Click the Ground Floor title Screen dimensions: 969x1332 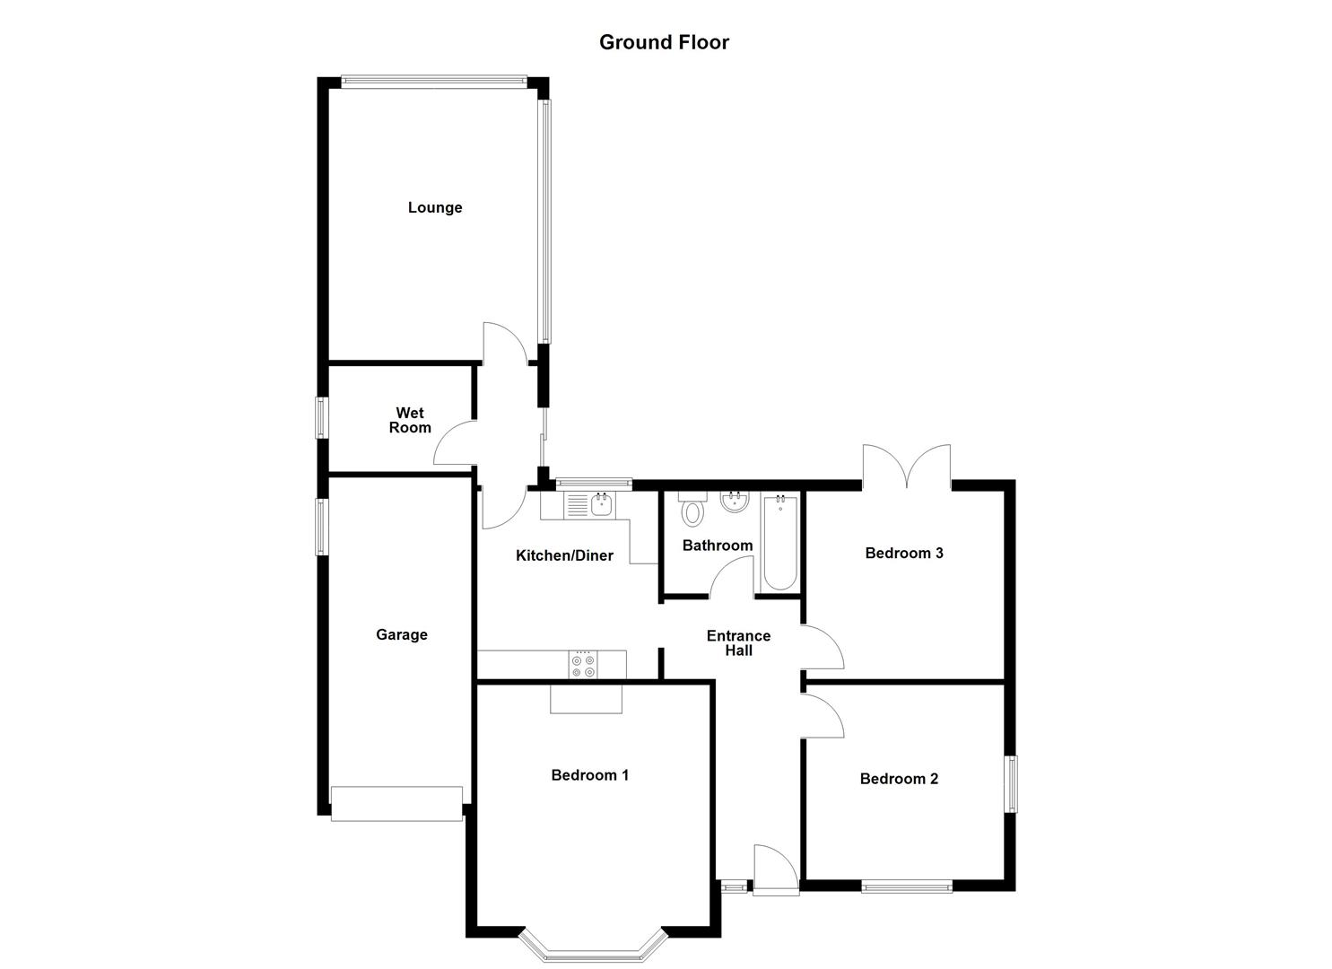pos(664,42)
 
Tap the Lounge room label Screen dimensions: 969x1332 pos(435,207)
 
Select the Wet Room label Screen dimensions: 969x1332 pos(410,420)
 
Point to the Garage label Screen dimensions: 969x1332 pos(401,634)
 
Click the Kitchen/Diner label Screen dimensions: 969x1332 pos(564,555)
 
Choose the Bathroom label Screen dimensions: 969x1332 pos(717,545)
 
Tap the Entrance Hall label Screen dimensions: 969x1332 pos(738,643)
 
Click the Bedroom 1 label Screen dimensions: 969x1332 pos(589,774)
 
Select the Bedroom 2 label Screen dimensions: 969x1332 pos(899,778)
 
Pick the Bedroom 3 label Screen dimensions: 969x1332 pos(903,553)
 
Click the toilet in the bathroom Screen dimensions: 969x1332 pos(692,511)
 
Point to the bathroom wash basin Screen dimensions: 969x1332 pos(735,502)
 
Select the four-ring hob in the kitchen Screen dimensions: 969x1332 pos(582,665)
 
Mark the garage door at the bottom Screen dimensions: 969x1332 pos(396,803)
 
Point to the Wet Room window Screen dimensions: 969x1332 pos(320,418)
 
